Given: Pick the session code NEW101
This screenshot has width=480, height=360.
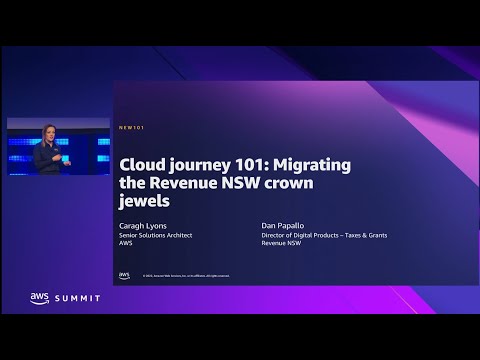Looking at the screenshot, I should pos(130,128).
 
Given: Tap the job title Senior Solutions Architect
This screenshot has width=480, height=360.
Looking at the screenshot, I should pos(155,235).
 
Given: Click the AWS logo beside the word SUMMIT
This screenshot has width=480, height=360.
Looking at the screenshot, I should pos(39,298).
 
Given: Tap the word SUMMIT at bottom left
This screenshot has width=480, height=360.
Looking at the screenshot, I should pos(77,298).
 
